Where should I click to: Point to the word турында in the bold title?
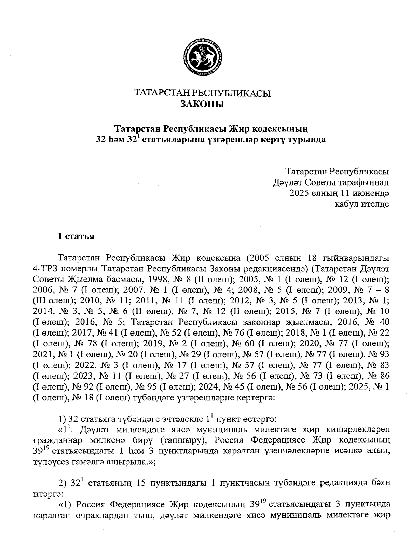307,140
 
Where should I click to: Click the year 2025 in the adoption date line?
299,193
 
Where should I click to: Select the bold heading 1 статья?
76,236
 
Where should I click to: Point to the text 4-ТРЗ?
43,268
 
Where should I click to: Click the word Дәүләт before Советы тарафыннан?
286,182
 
